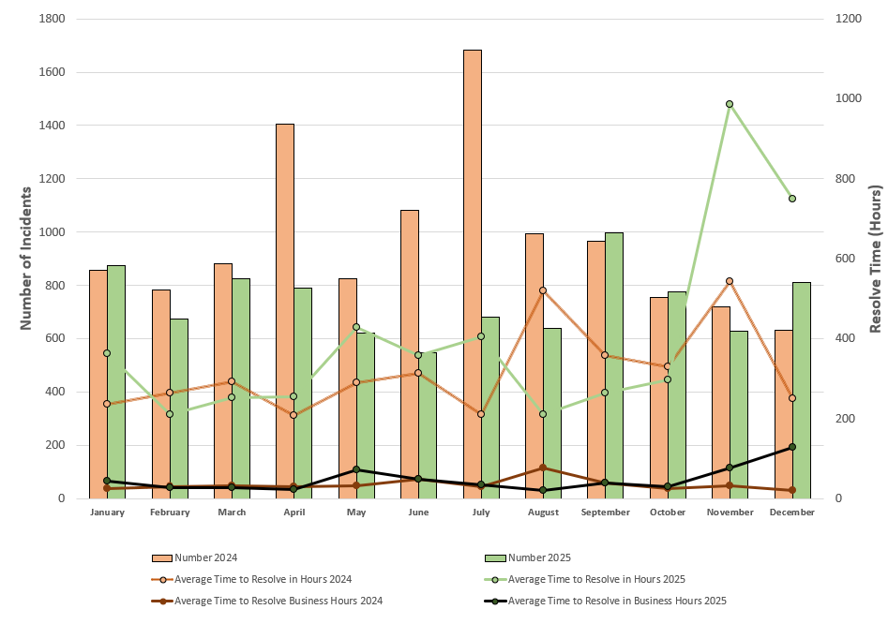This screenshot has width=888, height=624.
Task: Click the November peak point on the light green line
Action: click(730, 104)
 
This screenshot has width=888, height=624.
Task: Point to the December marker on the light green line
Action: click(792, 199)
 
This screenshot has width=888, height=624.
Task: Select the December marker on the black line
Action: click(792, 447)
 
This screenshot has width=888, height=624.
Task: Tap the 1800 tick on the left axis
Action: click(51, 19)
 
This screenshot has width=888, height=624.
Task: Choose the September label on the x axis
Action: click(605, 513)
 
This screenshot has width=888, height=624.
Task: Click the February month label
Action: click(170, 513)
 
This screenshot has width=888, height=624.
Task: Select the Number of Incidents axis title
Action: click(26, 258)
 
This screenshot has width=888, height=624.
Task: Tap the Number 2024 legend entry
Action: click(201, 557)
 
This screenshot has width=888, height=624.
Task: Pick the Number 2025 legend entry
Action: click(534, 557)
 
